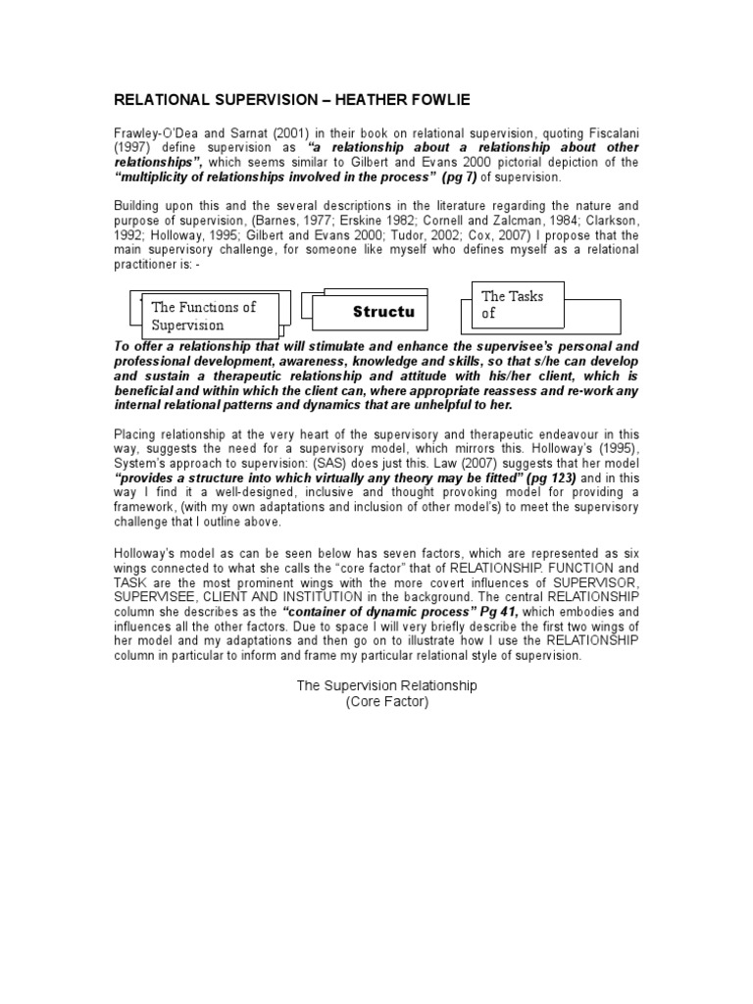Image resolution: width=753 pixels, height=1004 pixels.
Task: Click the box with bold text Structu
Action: (x=375, y=312)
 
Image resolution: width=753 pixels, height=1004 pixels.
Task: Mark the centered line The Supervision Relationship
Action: (x=386, y=685)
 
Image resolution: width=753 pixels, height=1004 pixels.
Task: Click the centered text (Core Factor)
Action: (x=386, y=701)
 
